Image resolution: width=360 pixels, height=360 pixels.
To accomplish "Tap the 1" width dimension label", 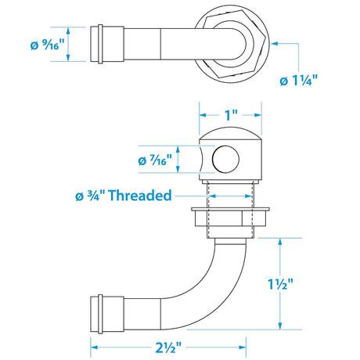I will (230, 115).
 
